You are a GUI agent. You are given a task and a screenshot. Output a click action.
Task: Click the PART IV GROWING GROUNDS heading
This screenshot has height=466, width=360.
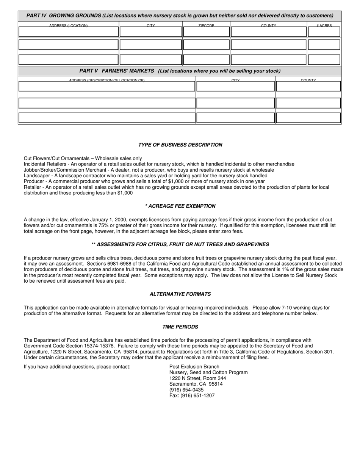tap(180, 16)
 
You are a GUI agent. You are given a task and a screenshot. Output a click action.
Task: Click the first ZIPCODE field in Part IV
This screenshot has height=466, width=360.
tap(206, 32)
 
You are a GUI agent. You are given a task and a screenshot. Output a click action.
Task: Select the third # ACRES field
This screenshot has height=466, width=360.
tap(324, 60)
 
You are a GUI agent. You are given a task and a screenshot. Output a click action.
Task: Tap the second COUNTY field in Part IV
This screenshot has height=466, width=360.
tap(268, 45)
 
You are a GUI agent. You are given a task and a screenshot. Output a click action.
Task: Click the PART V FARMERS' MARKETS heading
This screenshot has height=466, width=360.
tap(180, 71)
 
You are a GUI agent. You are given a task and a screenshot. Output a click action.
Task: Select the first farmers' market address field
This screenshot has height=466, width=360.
tap(106, 86)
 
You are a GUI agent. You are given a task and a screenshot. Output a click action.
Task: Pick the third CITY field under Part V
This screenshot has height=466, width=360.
tap(235, 118)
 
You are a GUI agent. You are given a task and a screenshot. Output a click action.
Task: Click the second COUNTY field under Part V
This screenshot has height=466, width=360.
tap(308, 103)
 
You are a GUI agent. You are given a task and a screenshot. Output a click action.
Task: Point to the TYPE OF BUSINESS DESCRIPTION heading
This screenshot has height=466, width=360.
tap(180, 145)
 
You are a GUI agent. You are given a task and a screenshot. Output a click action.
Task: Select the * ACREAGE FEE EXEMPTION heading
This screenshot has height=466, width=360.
tap(180, 206)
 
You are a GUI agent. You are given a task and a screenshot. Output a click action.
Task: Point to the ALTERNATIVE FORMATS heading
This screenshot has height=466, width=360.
tap(180, 294)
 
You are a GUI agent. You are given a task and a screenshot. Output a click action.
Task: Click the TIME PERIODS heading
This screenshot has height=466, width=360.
tap(180, 327)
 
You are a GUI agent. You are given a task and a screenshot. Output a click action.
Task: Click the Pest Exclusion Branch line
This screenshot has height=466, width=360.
tap(194, 367)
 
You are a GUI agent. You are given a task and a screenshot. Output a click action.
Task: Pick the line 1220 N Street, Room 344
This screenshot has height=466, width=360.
tap(197, 378)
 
